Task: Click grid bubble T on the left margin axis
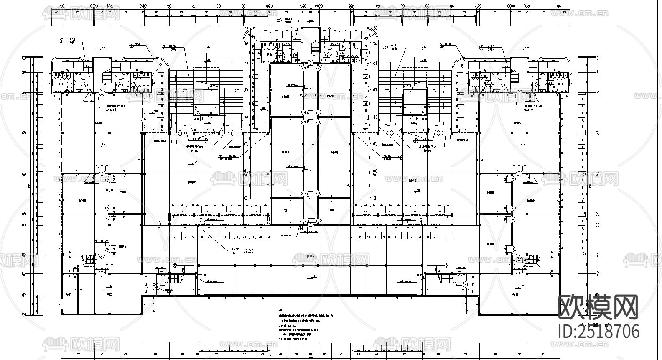click(24, 58)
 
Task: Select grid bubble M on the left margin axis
click(24, 133)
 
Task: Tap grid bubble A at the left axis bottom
click(24, 314)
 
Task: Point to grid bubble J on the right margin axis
click(598, 174)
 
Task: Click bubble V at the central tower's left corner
click(247, 28)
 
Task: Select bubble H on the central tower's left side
click(247, 197)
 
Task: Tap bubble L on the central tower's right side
click(375, 144)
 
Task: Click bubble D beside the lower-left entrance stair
click(175, 266)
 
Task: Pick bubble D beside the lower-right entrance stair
click(447, 266)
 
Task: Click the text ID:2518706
click(598, 331)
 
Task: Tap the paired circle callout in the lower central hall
click(249, 251)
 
